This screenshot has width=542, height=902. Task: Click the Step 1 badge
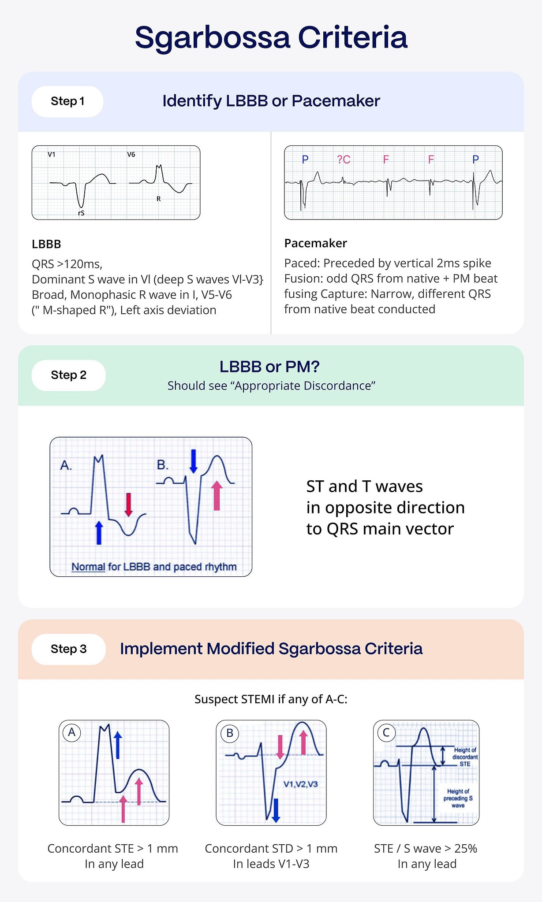(x=67, y=101)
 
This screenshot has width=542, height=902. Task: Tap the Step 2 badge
(x=68, y=375)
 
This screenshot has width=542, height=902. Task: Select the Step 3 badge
(x=68, y=649)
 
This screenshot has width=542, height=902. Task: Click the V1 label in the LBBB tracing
(x=52, y=155)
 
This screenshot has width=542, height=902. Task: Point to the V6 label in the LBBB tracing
(x=131, y=155)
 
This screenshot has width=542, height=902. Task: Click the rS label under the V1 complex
(x=81, y=213)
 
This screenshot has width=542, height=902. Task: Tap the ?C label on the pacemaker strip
(x=344, y=160)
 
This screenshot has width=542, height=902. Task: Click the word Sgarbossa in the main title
(x=213, y=38)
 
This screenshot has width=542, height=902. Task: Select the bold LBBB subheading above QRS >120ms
(x=46, y=244)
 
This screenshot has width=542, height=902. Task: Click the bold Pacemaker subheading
(x=315, y=243)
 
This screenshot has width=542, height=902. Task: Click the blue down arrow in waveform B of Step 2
(x=193, y=461)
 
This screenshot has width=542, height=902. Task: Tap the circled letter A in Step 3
(x=72, y=733)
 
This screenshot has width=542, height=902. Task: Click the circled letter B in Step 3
(x=229, y=733)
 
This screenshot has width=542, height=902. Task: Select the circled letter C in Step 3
(x=386, y=733)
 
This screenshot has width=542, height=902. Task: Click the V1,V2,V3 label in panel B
(x=300, y=784)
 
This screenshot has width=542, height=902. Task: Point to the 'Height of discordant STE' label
(x=465, y=757)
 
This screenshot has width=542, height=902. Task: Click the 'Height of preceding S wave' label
(x=458, y=798)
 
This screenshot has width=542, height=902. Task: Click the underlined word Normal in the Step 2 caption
(x=88, y=567)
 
